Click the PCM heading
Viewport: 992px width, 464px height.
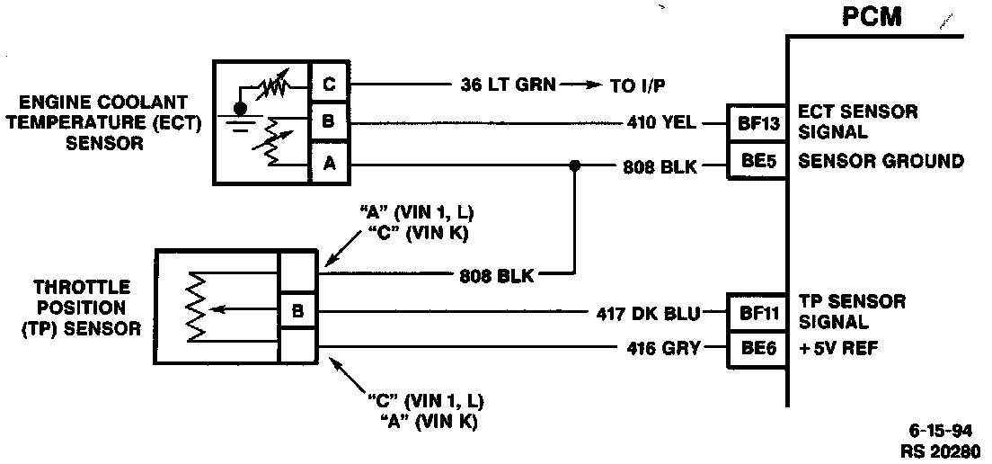(x=872, y=18)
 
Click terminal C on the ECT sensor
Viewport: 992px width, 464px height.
(x=328, y=85)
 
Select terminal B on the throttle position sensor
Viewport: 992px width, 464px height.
(x=297, y=312)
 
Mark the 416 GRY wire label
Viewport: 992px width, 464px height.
(x=663, y=347)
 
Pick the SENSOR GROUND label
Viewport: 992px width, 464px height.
(x=881, y=163)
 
